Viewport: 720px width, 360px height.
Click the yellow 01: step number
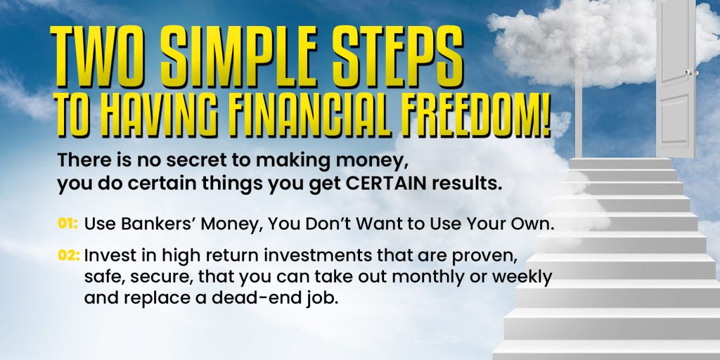(x=67, y=224)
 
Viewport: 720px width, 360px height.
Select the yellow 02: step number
(x=69, y=255)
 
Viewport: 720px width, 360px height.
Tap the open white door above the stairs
(x=676, y=79)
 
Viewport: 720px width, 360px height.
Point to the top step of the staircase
(x=620, y=163)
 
